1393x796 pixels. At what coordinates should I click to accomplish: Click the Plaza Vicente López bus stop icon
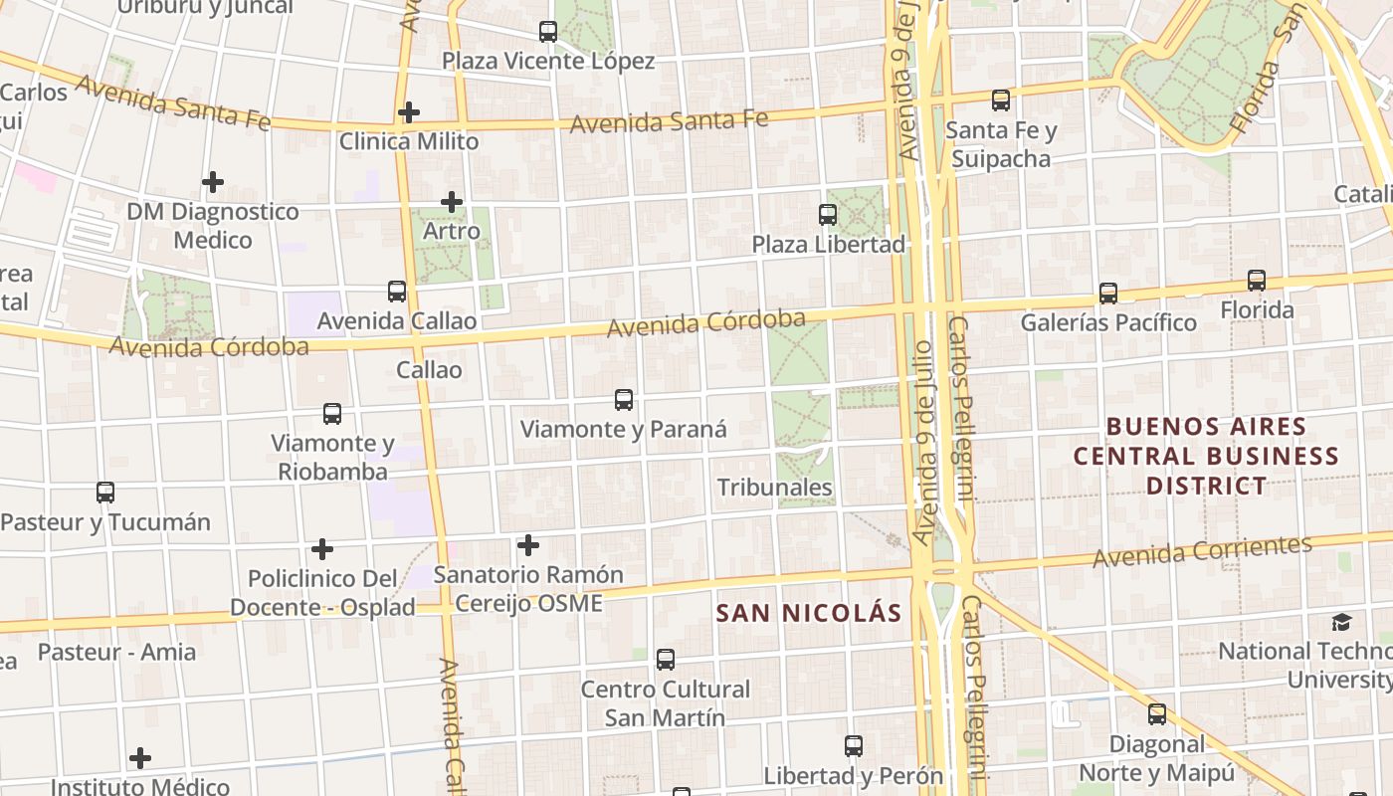coord(548,32)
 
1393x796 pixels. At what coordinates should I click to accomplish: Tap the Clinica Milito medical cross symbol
coord(408,112)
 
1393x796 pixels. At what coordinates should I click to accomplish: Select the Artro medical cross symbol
coord(452,202)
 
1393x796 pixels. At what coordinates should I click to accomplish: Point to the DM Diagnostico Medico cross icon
coord(213,182)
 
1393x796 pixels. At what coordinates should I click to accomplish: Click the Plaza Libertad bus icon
coord(827,214)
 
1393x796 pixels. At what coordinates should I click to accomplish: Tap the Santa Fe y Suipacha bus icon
coord(1001,100)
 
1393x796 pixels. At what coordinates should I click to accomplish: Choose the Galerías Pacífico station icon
coord(1108,293)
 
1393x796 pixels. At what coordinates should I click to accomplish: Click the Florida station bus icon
coord(1257,281)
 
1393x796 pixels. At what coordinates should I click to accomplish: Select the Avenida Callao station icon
coord(397,292)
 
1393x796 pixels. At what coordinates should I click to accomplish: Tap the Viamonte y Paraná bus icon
coord(624,400)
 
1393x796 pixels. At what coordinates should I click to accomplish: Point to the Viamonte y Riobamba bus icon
coord(332,413)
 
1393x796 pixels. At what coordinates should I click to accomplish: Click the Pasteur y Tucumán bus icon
coord(105,492)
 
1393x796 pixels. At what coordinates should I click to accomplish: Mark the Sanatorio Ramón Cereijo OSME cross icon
coord(528,545)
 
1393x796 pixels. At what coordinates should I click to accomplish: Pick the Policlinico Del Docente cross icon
coord(322,548)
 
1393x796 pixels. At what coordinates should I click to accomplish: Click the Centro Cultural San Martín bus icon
coord(666,659)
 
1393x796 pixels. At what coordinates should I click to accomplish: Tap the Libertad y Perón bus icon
coord(853,745)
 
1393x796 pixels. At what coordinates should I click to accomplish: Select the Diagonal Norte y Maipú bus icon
coord(1157,713)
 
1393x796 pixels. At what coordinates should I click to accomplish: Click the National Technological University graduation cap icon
coord(1342,622)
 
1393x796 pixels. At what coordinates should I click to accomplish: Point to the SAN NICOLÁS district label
coord(808,613)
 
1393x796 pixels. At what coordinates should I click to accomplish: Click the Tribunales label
coord(775,488)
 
